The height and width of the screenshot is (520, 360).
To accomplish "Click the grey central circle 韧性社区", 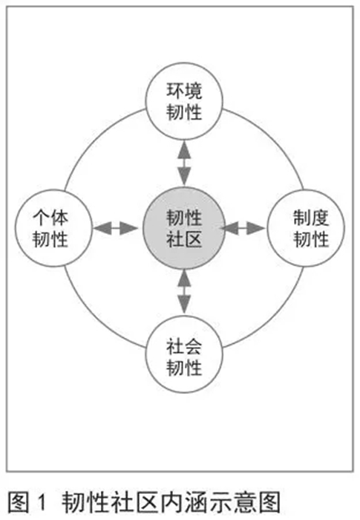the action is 184,228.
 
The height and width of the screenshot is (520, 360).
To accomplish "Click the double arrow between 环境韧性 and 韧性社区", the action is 184,163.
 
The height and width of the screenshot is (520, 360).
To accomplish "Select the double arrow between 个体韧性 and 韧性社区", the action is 116,228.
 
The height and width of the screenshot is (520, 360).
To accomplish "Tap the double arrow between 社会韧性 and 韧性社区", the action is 184,292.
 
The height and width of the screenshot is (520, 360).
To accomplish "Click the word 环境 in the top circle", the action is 184,91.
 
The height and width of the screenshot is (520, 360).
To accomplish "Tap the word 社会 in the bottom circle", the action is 184,346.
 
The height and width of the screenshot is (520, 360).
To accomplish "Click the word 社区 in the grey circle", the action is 184,238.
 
